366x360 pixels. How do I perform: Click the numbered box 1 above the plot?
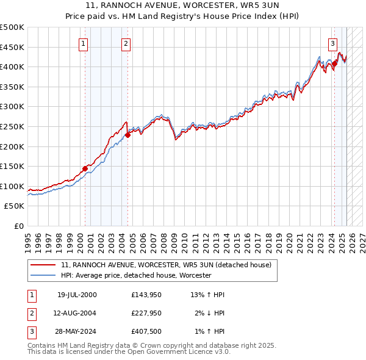(x=82, y=43)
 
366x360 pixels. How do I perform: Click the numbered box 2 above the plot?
(x=125, y=43)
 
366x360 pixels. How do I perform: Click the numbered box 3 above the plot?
(x=332, y=43)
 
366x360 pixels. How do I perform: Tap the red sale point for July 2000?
(x=85, y=169)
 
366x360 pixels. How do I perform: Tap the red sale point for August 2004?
(x=127, y=135)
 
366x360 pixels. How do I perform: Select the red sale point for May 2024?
(x=335, y=63)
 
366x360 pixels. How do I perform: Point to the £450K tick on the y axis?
(x=12, y=47)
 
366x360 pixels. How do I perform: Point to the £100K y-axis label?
(x=12, y=186)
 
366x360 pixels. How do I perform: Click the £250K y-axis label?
(x=12, y=126)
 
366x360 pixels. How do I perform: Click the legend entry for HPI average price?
(x=136, y=275)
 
